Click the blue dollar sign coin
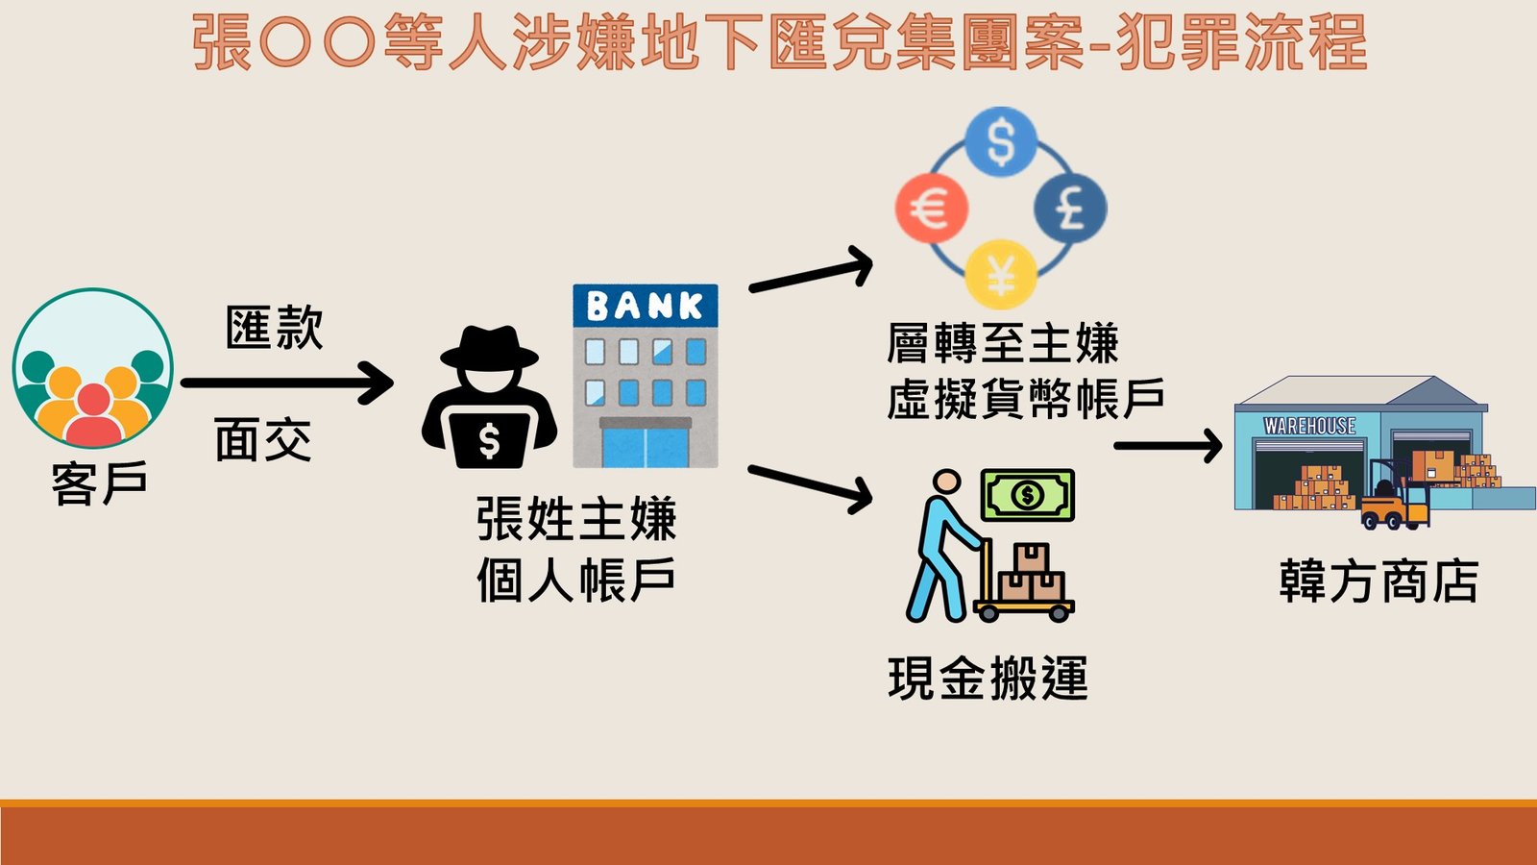pos(1000,141)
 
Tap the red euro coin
pos(932,208)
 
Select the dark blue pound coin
pos(1070,208)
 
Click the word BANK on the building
pos(645,307)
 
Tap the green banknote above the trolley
pos(1027,495)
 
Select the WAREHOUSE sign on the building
pos(1309,426)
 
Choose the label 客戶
pos(100,483)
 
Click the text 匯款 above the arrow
pos(275,328)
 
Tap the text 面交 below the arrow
pos(263,440)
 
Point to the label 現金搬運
pos(988,679)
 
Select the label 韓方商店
pos(1378,581)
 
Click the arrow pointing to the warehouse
pos(1168,446)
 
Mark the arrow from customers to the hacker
pos(287,383)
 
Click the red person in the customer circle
pos(93,414)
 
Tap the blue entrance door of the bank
pos(645,448)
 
